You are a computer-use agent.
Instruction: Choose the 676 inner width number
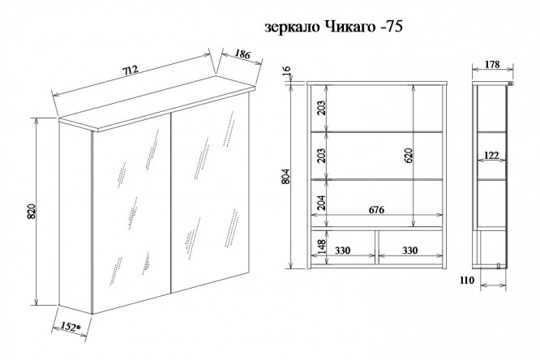375,210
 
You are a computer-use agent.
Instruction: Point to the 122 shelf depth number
491,154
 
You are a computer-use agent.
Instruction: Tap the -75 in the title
390,27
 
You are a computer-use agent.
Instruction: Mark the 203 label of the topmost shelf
321,108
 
